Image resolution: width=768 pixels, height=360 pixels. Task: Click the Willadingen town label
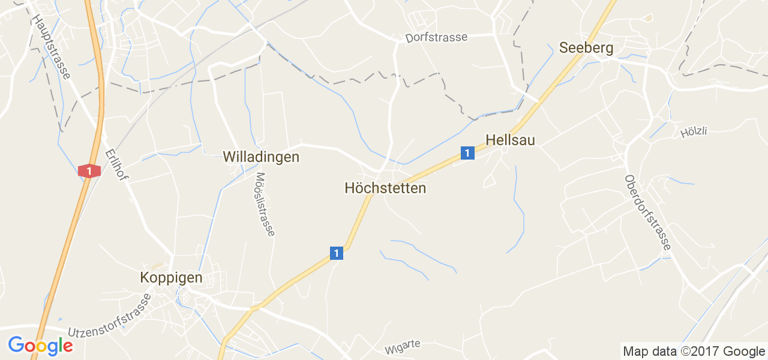tap(260, 157)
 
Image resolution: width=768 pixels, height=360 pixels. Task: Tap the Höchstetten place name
tap(385, 188)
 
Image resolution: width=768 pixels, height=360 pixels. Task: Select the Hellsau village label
tap(510, 140)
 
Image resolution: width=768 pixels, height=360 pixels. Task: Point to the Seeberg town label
tap(586, 48)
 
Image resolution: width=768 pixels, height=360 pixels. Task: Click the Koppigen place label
tap(171, 278)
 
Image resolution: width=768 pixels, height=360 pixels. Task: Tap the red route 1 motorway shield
tap(89, 171)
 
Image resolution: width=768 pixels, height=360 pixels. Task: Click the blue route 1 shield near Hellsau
tap(467, 153)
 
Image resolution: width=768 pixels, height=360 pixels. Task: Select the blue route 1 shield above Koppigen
tap(337, 253)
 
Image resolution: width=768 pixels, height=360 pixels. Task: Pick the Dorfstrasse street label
tap(436, 37)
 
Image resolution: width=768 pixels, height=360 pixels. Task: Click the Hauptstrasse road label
tap(52, 47)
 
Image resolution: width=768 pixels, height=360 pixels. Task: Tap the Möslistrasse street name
tap(265, 204)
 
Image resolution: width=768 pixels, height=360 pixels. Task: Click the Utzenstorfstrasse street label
tap(109, 316)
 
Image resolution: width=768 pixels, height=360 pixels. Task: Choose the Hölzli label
tap(694, 131)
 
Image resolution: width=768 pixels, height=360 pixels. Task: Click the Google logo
tap(40, 346)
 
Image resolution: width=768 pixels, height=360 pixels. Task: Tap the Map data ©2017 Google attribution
tap(694, 352)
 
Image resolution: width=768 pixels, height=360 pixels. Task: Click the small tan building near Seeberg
tap(648, 18)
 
